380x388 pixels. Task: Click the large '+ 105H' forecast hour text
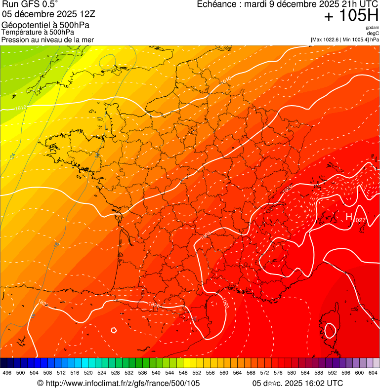tap(351, 16)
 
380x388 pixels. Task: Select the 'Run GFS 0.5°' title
tap(30, 5)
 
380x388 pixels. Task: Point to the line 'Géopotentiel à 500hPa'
tap(41, 25)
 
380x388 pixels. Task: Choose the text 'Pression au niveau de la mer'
tap(47, 39)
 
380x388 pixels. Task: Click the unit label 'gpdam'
tap(372, 28)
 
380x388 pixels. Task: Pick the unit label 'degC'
tap(374, 33)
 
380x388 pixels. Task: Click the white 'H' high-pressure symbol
tap(349, 217)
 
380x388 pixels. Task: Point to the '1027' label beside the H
tap(360, 220)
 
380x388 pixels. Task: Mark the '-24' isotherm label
tap(12, 156)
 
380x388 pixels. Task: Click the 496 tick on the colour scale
tap(7, 373)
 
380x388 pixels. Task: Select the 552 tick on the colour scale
tap(197, 373)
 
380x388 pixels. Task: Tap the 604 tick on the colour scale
tap(373, 373)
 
